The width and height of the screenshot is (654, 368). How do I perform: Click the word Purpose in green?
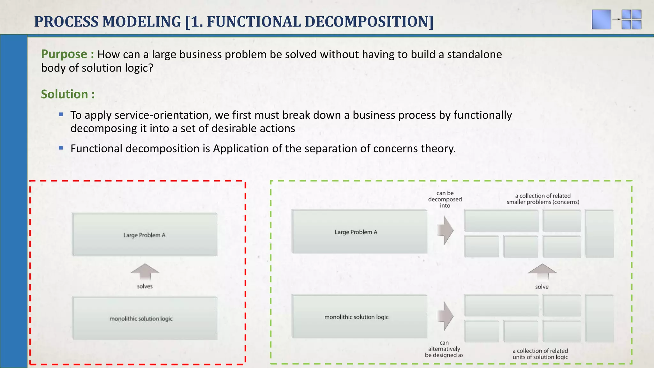(x=64, y=54)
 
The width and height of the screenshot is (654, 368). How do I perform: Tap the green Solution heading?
(x=65, y=94)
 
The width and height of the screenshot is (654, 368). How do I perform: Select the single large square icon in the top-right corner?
(x=601, y=19)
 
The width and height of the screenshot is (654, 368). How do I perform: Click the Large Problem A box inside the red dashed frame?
(x=145, y=235)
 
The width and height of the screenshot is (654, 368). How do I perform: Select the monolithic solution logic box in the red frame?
(x=145, y=318)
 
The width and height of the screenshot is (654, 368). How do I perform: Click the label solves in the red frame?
(x=145, y=287)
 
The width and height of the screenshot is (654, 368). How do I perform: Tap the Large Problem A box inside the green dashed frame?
(x=359, y=232)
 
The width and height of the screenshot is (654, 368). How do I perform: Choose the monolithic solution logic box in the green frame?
(x=359, y=317)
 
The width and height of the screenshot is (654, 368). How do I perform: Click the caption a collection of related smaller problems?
(x=543, y=199)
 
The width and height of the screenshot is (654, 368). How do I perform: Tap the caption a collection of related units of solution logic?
(x=540, y=354)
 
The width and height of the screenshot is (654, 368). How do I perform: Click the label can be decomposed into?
(x=445, y=199)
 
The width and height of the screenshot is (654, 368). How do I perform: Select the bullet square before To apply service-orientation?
(x=61, y=114)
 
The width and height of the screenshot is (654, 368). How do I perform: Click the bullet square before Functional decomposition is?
(x=61, y=148)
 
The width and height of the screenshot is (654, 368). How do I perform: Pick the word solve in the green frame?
(x=542, y=287)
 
